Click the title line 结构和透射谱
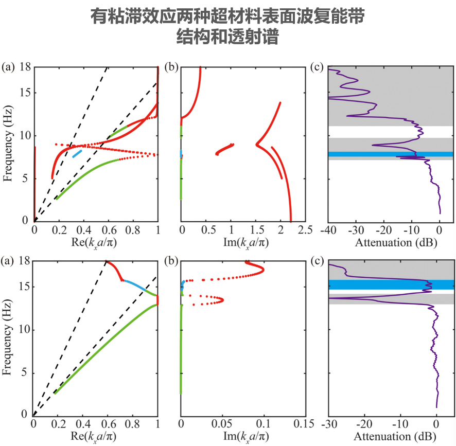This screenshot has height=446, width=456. pos(227,38)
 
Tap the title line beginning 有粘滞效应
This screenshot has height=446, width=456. pos(227,17)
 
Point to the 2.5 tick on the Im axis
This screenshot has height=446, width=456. pos(305,228)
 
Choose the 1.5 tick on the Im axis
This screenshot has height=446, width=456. pos(256,228)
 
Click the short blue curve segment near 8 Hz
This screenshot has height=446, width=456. pos(78,153)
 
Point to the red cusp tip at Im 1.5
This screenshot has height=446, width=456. pos(257,145)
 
